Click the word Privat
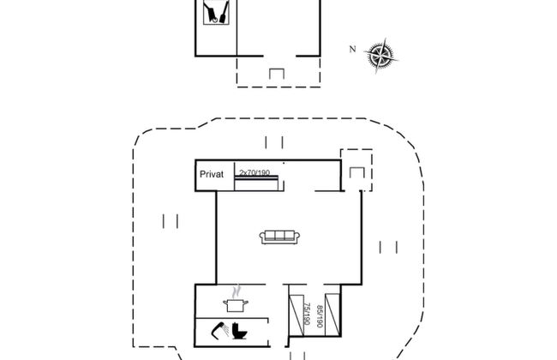(212, 174)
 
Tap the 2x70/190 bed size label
(255, 173)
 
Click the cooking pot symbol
(234, 303)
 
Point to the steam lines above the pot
(234, 291)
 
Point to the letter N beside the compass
(351, 49)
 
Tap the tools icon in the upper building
(214, 13)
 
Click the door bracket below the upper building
(278, 75)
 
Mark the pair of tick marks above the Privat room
(274, 142)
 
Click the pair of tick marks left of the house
(169, 221)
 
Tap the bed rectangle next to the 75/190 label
(295, 316)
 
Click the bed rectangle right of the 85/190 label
(333, 316)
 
